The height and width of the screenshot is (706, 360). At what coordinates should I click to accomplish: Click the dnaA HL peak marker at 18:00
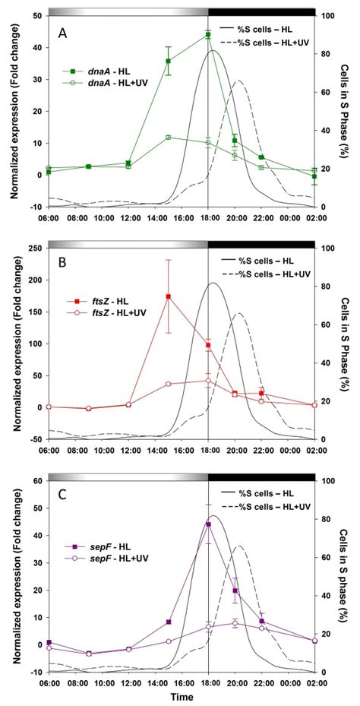tap(207, 34)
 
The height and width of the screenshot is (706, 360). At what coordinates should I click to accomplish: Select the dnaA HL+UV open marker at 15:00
tap(168, 138)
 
